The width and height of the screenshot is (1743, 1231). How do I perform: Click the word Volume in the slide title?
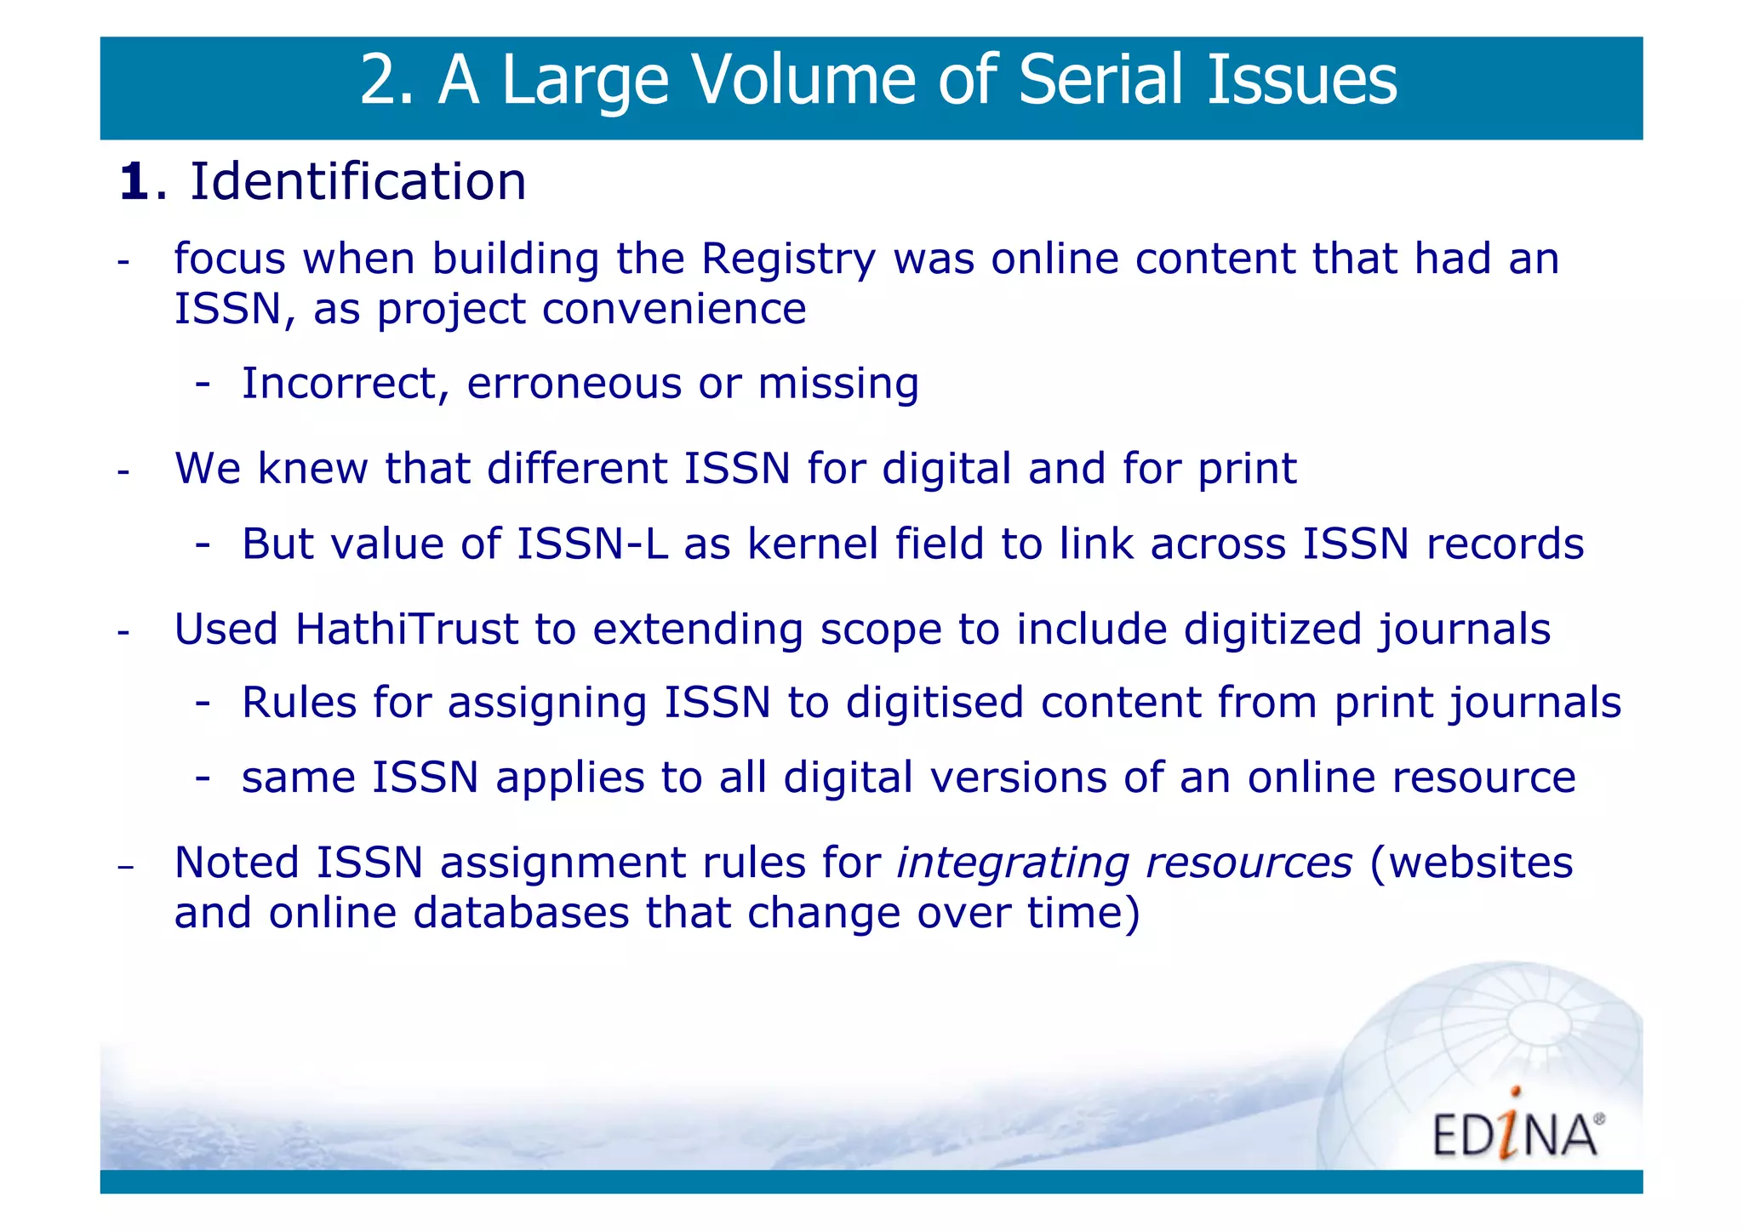(x=803, y=80)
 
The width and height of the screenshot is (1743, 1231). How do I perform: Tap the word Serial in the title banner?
(x=1104, y=80)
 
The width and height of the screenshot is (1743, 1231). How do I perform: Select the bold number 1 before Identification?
(x=134, y=182)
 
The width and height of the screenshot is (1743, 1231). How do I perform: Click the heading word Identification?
(x=357, y=182)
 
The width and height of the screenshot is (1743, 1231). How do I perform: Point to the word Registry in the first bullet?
(x=788, y=259)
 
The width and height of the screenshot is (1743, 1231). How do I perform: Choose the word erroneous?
(x=574, y=384)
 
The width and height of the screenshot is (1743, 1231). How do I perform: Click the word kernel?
(x=813, y=544)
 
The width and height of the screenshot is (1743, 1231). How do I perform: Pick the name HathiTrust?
(x=407, y=630)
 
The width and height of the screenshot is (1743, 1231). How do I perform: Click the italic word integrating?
(x=1013, y=863)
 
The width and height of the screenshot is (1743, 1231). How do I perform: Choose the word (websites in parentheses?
(x=1472, y=863)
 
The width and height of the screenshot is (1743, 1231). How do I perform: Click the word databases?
(x=521, y=913)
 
